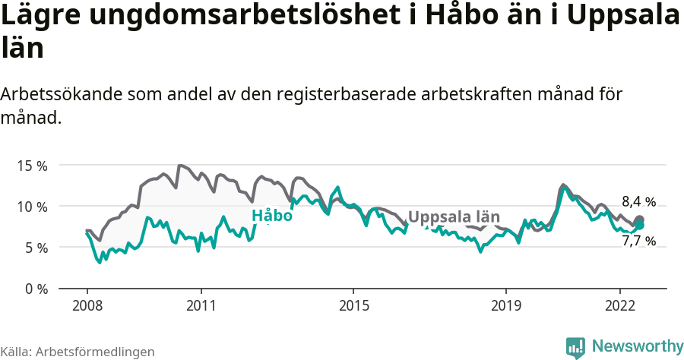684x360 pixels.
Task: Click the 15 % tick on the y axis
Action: pyautogui.click(x=32, y=165)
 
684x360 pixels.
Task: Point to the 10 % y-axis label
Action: pyautogui.click(x=32, y=206)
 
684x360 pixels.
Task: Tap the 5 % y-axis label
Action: pyautogui.click(x=35, y=248)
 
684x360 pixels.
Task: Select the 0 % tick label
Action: pyautogui.click(x=35, y=289)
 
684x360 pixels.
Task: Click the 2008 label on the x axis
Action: pyautogui.click(x=87, y=305)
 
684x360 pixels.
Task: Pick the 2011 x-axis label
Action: pyautogui.click(x=201, y=305)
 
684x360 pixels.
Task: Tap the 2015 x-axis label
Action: pyautogui.click(x=353, y=305)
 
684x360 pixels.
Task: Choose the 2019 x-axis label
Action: pyautogui.click(x=505, y=305)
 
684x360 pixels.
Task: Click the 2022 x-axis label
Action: pyautogui.click(x=620, y=305)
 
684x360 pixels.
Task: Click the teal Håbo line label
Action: pyautogui.click(x=271, y=216)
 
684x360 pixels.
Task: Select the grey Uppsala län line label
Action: pyautogui.click(x=454, y=216)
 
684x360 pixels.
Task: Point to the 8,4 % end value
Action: pyautogui.click(x=638, y=202)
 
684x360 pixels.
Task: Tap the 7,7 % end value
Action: pyautogui.click(x=638, y=241)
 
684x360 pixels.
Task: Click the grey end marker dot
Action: pyautogui.click(x=639, y=220)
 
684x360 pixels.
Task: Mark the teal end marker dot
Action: pyautogui.click(x=639, y=226)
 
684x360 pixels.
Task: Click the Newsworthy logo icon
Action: pyautogui.click(x=575, y=346)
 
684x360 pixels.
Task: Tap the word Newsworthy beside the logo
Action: pyautogui.click(x=638, y=346)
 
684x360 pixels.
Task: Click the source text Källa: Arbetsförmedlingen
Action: pyautogui.click(x=78, y=352)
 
